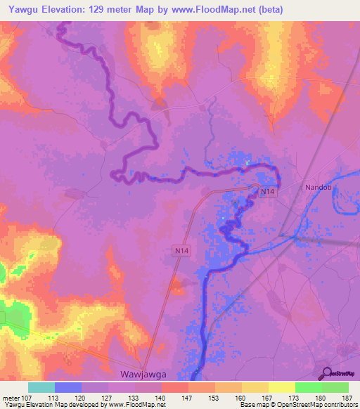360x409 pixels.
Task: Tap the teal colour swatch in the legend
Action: tap(41, 387)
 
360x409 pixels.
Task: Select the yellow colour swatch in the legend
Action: tap(281, 387)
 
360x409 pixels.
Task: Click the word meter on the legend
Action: tap(10, 397)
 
